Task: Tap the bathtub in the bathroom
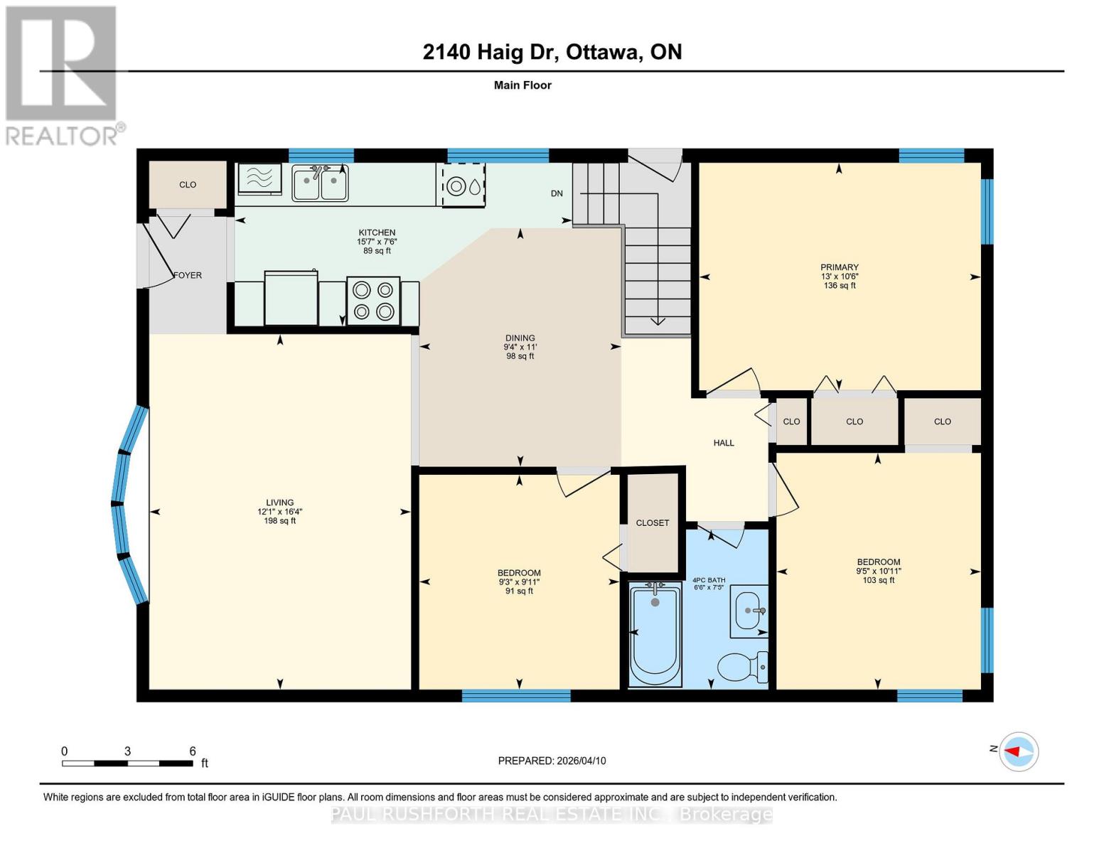(655, 633)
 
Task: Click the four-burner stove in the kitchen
(373, 301)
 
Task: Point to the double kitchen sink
(320, 183)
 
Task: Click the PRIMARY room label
(839, 267)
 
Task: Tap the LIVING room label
(280, 503)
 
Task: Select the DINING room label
(520, 338)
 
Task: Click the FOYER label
(188, 275)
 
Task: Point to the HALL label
(724, 443)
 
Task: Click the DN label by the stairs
(557, 193)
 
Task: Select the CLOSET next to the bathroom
(652, 522)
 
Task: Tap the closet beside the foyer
(188, 185)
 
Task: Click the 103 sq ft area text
(879, 580)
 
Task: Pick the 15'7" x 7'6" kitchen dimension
(377, 242)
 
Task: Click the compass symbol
(1019, 751)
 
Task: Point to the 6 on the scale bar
(193, 751)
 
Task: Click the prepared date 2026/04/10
(581, 761)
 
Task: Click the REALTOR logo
(63, 75)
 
